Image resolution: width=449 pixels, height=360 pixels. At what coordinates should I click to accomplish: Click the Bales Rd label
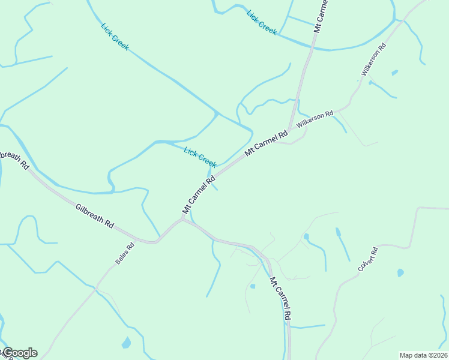[125, 254]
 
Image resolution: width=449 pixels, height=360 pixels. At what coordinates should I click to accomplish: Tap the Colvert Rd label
[367, 259]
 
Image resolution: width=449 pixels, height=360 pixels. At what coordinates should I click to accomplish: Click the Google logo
[19, 353]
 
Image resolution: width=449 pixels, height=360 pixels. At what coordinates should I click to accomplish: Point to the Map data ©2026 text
[423, 355]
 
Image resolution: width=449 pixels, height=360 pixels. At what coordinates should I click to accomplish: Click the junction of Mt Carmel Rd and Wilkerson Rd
[291, 128]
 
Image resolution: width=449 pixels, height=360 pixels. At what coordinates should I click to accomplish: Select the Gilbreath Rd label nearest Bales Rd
[95, 215]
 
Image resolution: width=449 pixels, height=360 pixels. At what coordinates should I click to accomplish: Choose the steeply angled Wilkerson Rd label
[373, 59]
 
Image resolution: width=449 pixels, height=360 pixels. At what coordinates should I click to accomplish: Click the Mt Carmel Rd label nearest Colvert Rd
[281, 298]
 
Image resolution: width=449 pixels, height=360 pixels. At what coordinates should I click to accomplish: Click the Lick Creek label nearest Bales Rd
[200, 157]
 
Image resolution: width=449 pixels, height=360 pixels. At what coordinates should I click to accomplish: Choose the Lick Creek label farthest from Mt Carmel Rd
[115, 37]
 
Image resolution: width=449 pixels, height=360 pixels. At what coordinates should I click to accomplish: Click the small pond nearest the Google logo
[126, 343]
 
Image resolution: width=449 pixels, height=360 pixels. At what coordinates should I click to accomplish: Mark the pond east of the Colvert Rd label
[400, 272]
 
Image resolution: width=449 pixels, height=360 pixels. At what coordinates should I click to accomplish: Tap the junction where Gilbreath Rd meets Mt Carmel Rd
[182, 220]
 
